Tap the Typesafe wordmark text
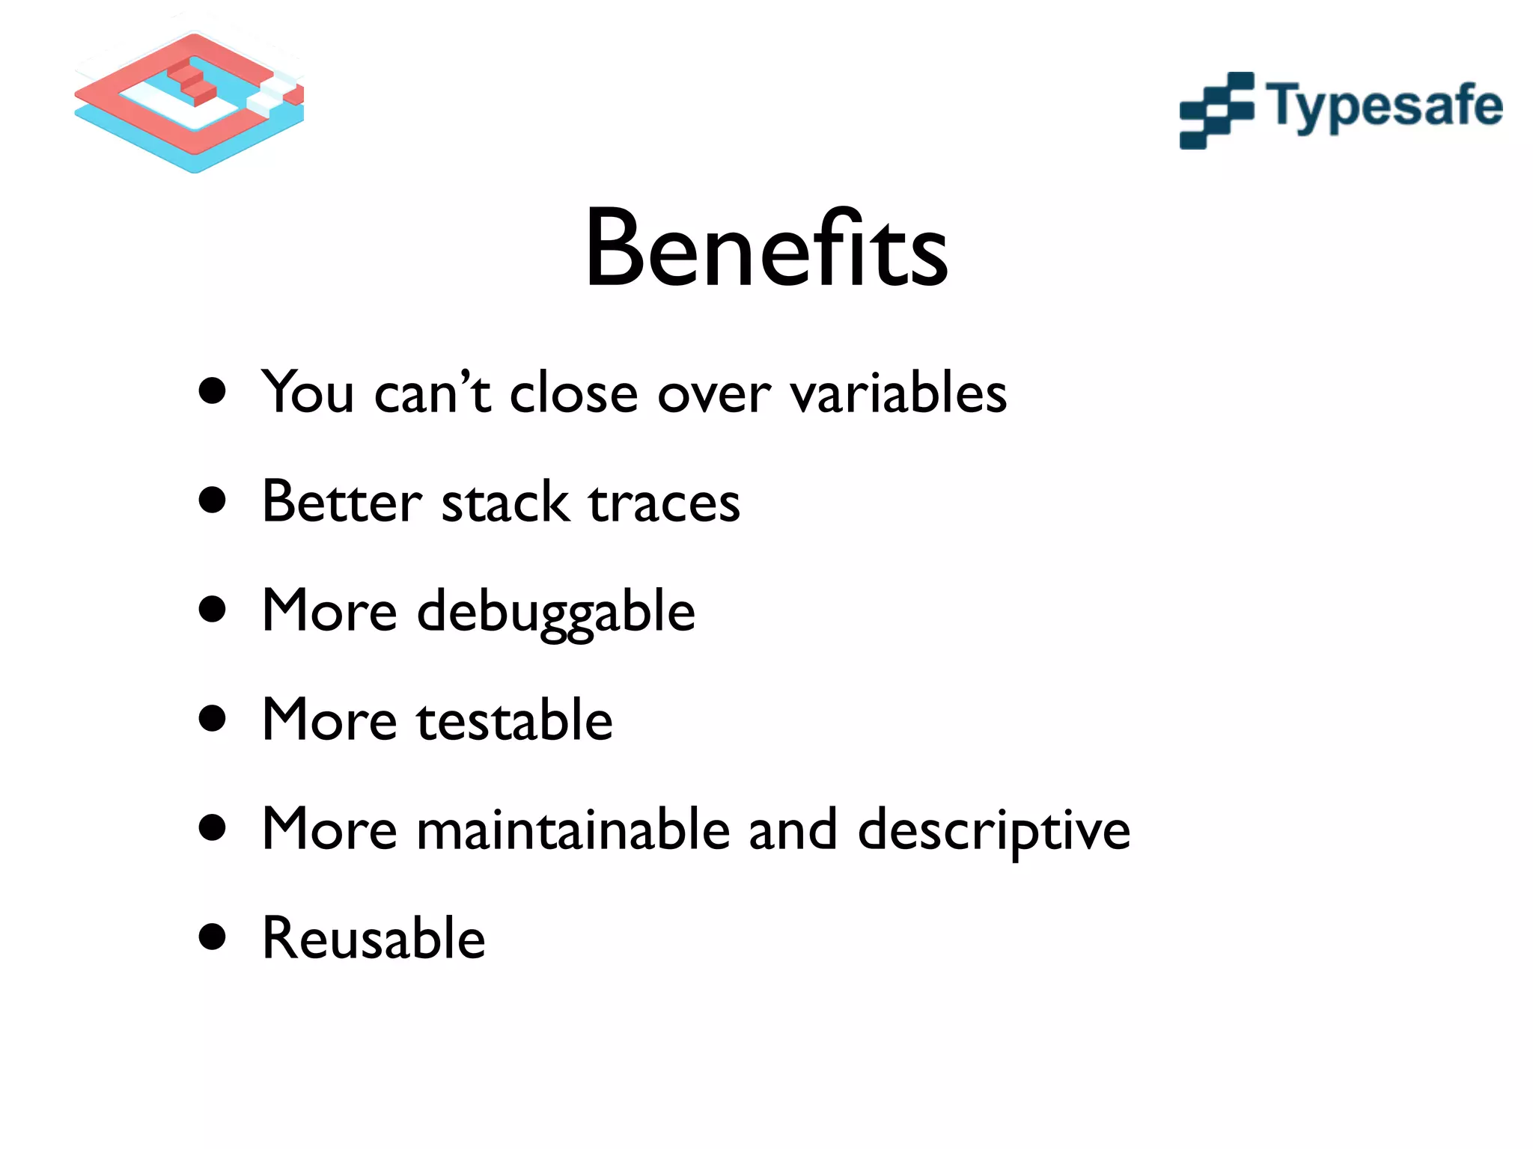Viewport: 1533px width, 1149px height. coord(1383,107)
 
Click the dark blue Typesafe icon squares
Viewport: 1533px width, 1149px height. coord(1216,111)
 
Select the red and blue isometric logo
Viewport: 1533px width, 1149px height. coord(190,101)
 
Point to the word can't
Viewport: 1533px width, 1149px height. coord(432,393)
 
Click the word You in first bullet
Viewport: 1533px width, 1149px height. coord(307,393)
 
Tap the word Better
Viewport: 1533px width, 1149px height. coord(341,502)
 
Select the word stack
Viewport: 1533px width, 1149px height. coord(505,502)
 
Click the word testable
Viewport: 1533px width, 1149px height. coord(514,720)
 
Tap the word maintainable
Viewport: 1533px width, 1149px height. coord(573,830)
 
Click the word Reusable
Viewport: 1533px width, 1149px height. coord(374,938)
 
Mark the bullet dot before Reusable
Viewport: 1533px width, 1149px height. coord(213,937)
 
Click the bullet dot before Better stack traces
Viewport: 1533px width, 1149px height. coord(213,500)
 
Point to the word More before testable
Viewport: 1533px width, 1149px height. coord(329,720)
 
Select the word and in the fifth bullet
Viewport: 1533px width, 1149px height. coord(793,830)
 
